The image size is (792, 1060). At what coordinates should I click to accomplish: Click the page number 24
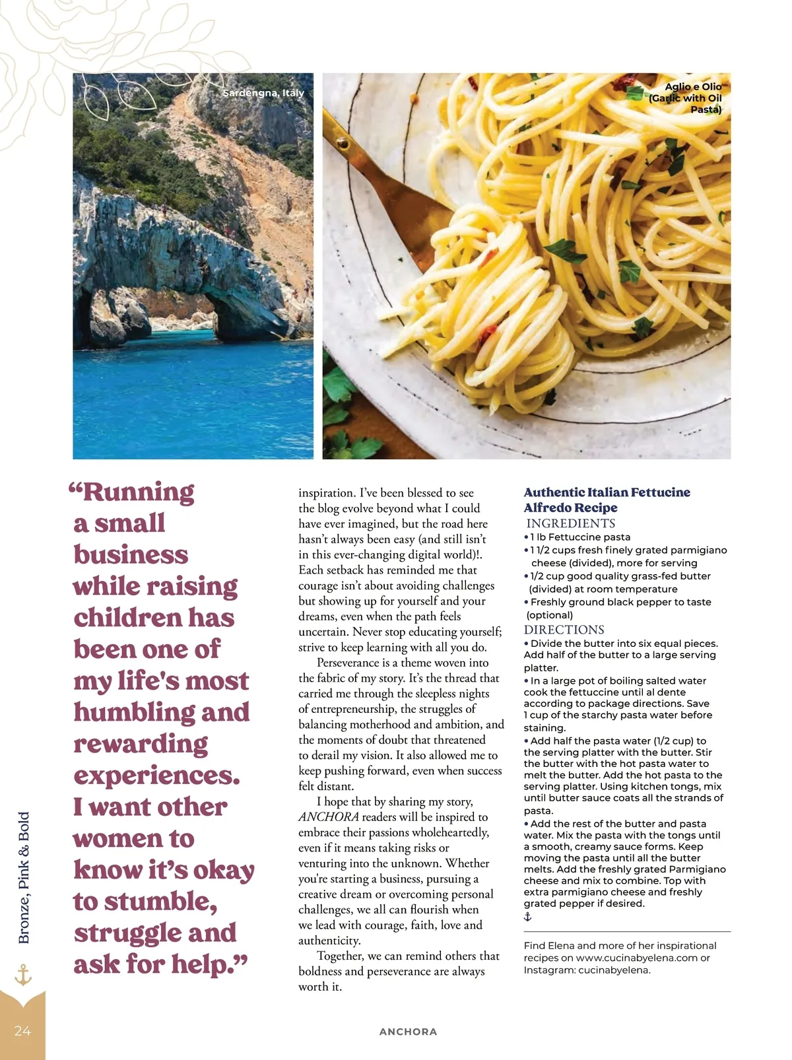[22, 1031]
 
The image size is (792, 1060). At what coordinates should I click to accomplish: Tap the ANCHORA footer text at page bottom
[408, 1032]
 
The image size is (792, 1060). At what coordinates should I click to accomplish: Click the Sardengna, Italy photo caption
[263, 93]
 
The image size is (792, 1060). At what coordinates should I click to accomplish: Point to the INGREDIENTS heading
[570, 523]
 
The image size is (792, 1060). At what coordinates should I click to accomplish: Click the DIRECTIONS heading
[564, 630]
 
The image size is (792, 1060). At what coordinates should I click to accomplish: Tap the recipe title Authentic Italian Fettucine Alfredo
[607, 500]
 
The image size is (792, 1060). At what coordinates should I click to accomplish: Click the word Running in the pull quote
[138, 492]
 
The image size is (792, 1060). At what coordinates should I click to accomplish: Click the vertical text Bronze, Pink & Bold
[24, 878]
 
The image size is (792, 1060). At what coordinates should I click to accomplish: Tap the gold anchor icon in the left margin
[23, 975]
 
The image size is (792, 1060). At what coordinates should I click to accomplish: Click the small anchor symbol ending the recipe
[527, 917]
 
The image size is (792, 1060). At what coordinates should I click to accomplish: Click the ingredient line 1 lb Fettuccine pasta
[580, 537]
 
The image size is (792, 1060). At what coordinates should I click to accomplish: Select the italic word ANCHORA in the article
[329, 817]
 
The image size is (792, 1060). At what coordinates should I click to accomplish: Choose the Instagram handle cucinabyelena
[614, 970]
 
